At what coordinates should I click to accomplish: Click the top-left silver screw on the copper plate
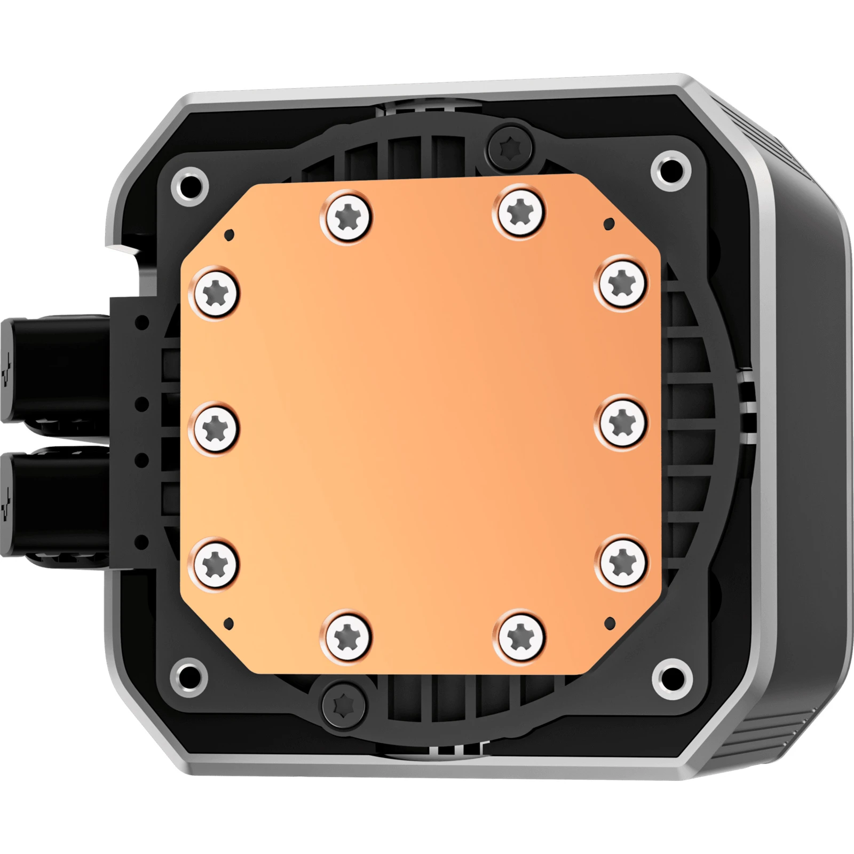pyautogui.click(x=347, y=217)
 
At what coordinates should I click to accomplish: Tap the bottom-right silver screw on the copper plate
pyautogui.click(x=520, y=637)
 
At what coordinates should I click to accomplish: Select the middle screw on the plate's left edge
pyautogui.click(x=216, y=429)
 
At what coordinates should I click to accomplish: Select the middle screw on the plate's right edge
pyautogui.click(x=622, y=423)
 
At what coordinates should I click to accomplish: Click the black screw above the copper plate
pyautogui.click(x=510, y=145)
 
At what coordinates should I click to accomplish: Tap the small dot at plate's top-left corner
pyautogui.click(x=230, y=234)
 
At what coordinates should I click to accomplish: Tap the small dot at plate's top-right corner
pyautogui.click(x=609, y=223)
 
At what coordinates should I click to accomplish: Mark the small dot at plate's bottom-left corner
pyautogui.click(x=229, y=623)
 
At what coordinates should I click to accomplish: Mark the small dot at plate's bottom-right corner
pyautogui.click(x=610, y=622)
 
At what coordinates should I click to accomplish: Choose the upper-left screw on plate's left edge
pyautogui.click(x=216, y=292)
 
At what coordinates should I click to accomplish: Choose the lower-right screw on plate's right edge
pyautogui.click(x=622, y=563)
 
